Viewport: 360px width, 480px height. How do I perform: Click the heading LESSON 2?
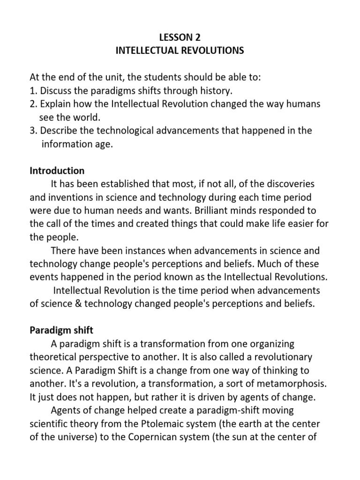tap(180, 37)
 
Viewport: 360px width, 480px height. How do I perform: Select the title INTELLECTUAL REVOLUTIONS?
tap(180, 50)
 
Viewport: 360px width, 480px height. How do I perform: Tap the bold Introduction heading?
tap(57, 170)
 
